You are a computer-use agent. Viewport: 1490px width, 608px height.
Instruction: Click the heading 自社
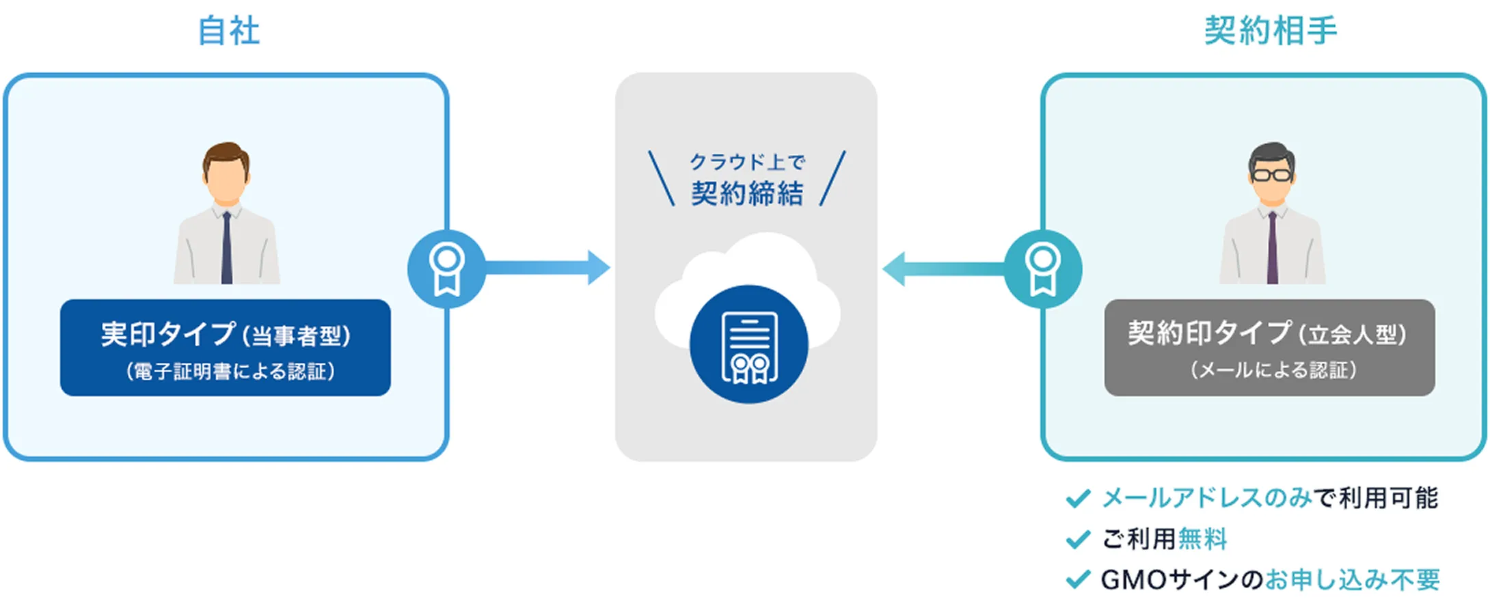point(228,31)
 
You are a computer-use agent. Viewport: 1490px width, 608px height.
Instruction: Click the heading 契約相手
point(1270,31)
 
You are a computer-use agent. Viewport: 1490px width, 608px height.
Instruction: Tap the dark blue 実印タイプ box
point(226,347)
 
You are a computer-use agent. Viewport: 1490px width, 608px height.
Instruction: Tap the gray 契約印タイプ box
point(1269,347)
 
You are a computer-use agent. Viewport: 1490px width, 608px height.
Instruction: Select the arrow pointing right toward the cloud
point(547,268)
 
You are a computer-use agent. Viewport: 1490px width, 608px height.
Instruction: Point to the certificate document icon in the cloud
point(749,346)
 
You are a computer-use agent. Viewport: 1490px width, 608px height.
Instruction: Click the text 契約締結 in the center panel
point(747,194)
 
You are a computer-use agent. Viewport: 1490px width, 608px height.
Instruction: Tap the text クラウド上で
point(747,162)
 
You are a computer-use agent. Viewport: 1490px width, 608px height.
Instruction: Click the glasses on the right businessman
point(1271,175)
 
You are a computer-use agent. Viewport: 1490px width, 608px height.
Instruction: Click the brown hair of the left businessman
point(226,154)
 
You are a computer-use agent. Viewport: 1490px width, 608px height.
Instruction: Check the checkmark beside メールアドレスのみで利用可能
point(1078,499)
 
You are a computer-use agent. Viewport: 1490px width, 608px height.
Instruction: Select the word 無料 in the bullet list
point(1202,539)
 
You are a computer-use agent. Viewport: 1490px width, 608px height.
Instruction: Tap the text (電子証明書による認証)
point(230,372)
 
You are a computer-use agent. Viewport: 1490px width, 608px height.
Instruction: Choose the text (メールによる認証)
point(1273,370)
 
